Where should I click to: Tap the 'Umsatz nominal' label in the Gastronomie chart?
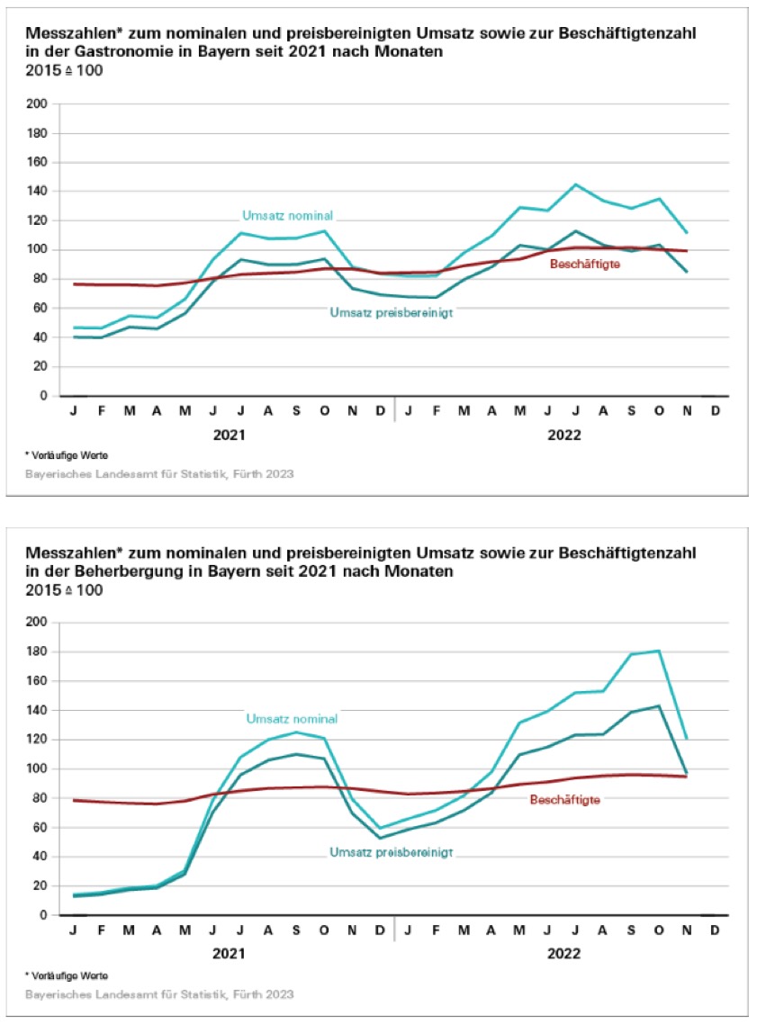coord(288,216)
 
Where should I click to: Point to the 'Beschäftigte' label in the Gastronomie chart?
coord(586,264)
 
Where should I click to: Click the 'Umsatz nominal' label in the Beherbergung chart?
coord(293,719)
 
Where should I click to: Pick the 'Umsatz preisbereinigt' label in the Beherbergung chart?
coord(391,851)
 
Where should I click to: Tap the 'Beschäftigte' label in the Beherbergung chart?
coord(564,799)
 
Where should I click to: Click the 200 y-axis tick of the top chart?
coord(37,104)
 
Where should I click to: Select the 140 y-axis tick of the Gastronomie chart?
coord(37,192)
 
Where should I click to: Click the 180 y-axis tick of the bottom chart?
coord(37,651)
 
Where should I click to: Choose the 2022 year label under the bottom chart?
coord(563,953)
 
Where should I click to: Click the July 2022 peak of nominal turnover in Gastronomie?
coord(575,184)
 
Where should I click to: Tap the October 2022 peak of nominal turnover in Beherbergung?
coord(659,651)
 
